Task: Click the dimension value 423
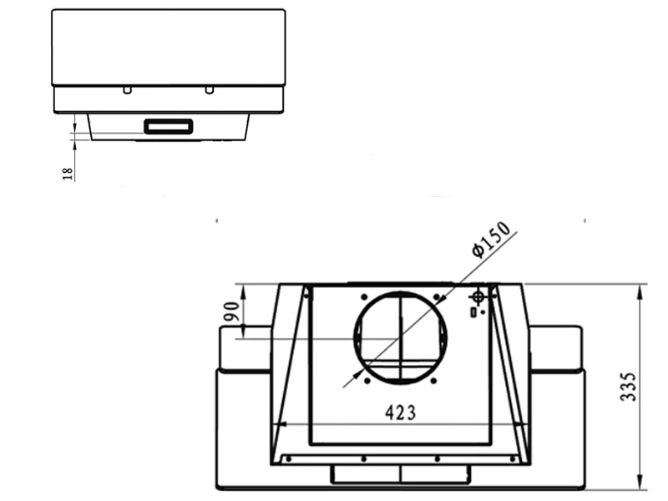point(401,412)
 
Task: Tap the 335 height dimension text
point(630,387)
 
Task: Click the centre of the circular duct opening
point(401,337)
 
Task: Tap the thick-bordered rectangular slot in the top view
point(169,127)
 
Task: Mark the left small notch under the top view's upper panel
point(125,89)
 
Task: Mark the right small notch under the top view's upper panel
point(210,89)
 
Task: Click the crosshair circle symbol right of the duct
point(478,296)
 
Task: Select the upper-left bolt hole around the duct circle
point(364,296)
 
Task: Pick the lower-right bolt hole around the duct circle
point(437,382)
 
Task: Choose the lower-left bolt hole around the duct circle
point(365,382)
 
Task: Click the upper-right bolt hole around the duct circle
point(437,296)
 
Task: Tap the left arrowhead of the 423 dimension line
point(279,424)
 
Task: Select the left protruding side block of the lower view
point(244,348)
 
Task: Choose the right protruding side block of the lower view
point(556,348)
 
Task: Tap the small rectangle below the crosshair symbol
point(473,312)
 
